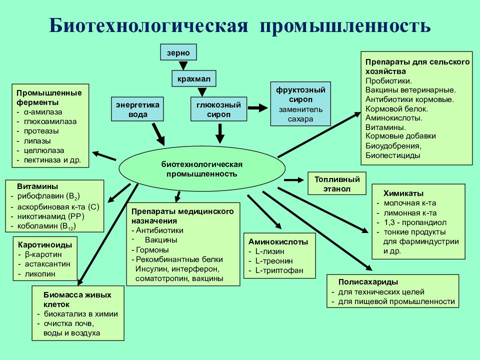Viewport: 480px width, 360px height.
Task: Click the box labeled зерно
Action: (178, 52)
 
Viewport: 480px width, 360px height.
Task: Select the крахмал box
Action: (194, 78)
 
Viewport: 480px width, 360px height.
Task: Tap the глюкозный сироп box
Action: (218, 109)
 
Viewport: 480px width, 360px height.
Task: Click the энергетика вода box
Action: (137, 109)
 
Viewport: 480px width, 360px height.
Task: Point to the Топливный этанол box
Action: (336, 183)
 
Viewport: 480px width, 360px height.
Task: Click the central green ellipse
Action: (202, 168)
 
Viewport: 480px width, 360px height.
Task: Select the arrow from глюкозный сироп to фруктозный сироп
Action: (258, 108)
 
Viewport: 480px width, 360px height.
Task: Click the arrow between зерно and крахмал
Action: (183, 65)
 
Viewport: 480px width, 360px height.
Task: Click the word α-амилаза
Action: (43, 112)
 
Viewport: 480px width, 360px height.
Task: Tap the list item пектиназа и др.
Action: (52, 160)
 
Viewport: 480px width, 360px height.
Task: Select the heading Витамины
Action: (37, 186)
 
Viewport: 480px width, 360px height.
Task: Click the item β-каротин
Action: (43, 254)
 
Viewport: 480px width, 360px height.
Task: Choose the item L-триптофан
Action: (279, 270)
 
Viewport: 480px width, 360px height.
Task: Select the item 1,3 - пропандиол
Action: (415, 222)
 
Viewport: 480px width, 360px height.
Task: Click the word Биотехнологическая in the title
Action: (148, 25)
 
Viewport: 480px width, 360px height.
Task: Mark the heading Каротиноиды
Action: (45, 245)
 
